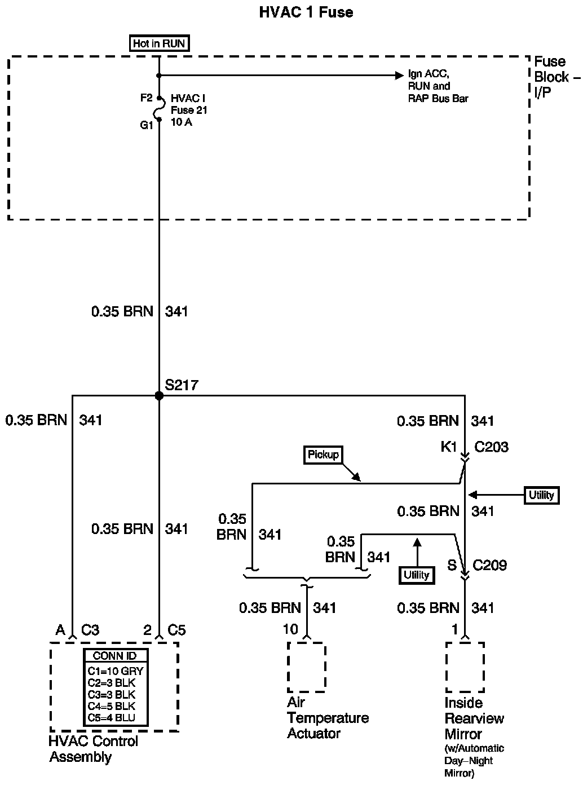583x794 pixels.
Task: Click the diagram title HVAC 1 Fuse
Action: tap(306, 12)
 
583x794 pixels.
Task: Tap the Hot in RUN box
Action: tap(158, 43)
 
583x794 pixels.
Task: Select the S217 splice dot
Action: tap(159, 396)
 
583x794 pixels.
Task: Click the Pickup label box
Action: tap(324, 454)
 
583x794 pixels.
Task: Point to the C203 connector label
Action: tap(491, 447)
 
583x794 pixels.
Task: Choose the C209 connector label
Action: tap(489, 565)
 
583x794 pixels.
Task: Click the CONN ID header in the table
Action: tap(116, 656)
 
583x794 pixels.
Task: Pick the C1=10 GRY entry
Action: tap(116, 671)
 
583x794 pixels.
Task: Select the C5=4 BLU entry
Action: tap(112, 717)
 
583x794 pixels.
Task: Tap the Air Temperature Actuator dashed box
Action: tap(306, 667)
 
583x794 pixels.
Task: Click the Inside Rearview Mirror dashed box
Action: tap(465, 667)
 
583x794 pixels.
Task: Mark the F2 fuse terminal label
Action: tap(147, 98)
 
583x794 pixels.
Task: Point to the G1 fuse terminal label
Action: tap(147, 125)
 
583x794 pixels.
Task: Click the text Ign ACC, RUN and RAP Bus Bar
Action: tap(438, 86)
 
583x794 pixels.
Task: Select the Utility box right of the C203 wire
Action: tap(541, 495)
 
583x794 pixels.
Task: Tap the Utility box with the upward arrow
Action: tap(417, 575)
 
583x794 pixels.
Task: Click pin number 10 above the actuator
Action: tap(290, 629)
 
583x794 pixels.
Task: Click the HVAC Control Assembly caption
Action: tap(93, 749)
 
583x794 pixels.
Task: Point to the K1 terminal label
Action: tap(449, 447)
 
